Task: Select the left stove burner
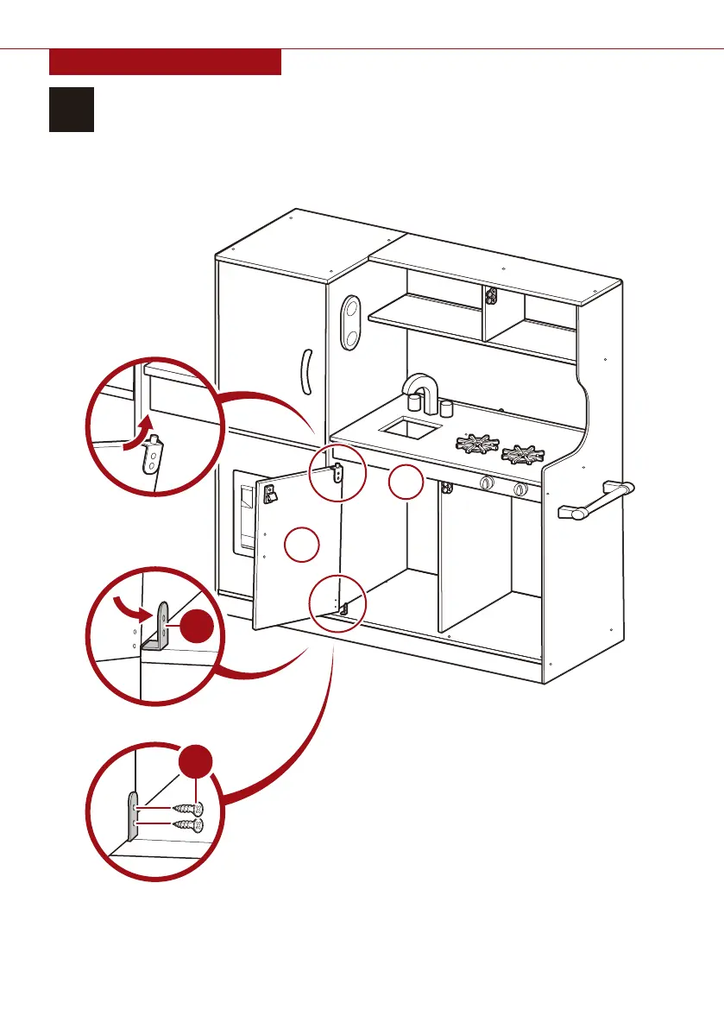(x=472, y=444)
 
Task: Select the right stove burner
(x=523, y=452)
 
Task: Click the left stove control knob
(x=486, y=485)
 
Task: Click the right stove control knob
(x=519, y=490)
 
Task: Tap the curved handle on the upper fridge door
(x=305, y=372)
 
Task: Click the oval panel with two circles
(x=350, y=323)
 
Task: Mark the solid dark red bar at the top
(x=165, y=62)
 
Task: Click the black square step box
(x=71, y=109)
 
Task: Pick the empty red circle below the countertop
(x=404, y=483)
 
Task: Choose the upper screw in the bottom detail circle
(x=188, y=809)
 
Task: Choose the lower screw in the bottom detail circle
(x=188, y=825)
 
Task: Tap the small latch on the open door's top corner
(x=339, y=472)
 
